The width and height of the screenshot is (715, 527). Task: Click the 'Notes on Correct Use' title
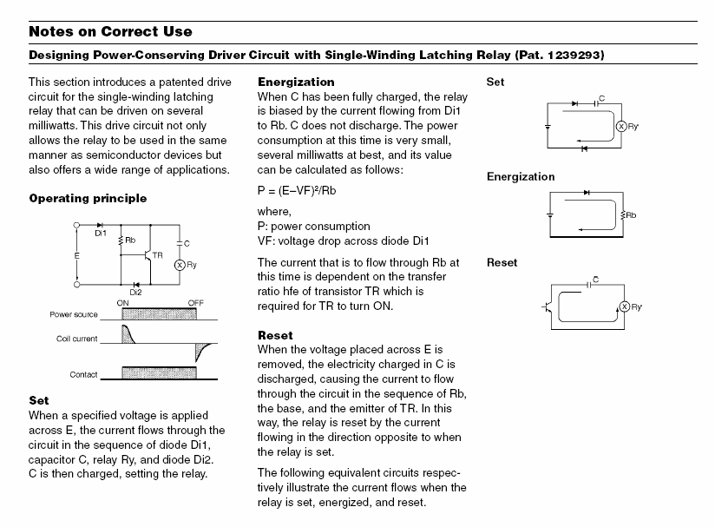click(x=110, y=31)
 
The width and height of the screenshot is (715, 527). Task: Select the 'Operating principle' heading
click(x=88, y=199)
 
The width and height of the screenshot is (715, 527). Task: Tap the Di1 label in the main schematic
click(x=101, y=234)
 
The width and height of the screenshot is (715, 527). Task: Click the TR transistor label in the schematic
click(x=157, y=255)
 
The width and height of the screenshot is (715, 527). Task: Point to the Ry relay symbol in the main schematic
click(x=180, y=265)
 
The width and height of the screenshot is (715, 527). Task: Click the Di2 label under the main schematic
click(x=135, y=293)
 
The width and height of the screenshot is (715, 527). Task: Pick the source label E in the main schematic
click(x=76, y=256)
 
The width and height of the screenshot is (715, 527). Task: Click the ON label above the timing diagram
click(x=122, y=303)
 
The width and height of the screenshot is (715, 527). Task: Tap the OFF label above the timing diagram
click(x=195, y=303)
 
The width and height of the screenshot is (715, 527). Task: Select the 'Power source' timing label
click(x=74, y=314)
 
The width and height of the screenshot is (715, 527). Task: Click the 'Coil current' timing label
click(x=76, y=339)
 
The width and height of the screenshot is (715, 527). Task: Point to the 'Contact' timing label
click(x=83, y=374)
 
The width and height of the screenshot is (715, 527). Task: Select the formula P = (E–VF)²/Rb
click(x=297, y=191)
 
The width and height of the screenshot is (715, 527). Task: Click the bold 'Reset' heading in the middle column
click(x=275, y=335)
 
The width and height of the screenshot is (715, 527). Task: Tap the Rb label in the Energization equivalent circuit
click(x=631, y=215)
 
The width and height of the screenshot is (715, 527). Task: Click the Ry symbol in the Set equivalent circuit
click(x=621, y=127)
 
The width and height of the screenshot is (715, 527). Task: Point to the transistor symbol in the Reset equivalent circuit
click(x=548, y=307)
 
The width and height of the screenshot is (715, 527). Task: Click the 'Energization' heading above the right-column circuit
click(x=521, y=177)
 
